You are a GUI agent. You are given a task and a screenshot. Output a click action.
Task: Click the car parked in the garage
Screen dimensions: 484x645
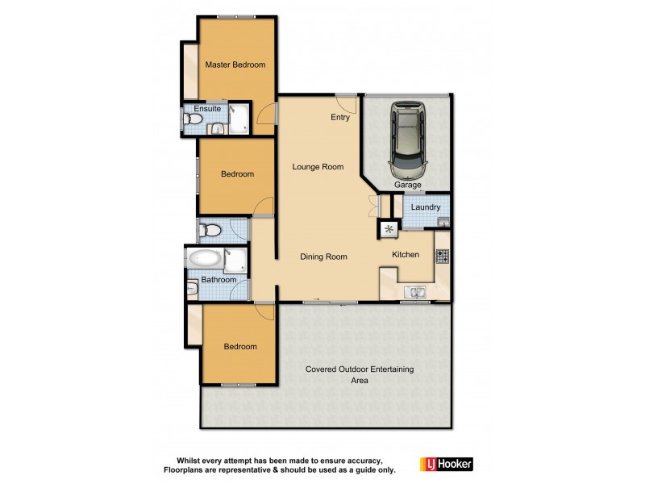click(408, 140)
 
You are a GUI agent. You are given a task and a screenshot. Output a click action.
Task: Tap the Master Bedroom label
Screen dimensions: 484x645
click(235, 65)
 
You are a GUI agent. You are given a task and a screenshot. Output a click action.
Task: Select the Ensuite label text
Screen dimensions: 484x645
click(207, 108)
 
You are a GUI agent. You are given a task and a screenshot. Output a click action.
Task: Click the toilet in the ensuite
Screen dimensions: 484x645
click(192, 120)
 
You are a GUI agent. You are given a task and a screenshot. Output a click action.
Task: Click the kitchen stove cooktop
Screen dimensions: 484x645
click(442, 257)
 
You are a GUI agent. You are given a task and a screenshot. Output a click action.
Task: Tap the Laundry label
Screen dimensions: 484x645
click(426, 207)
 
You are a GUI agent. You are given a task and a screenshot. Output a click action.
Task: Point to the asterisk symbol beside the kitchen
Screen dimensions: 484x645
click(389, 231)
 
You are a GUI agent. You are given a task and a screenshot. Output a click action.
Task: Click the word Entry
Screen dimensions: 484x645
click(340, 118)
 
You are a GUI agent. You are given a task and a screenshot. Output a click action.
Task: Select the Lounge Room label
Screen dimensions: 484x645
click(318, 168)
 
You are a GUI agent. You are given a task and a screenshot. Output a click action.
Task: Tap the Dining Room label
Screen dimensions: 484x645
click(323, 257)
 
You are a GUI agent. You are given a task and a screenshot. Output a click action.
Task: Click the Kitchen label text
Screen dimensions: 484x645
click(406, 255)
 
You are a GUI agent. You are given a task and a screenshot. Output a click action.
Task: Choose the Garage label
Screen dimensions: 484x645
click(408, 185)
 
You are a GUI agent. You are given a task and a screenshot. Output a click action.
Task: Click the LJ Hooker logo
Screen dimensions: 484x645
click(446, 464)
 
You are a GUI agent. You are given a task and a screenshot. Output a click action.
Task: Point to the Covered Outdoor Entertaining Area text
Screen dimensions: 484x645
click(359, 374)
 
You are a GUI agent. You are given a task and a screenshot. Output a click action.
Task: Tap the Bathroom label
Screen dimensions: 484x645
click(218, 280)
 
